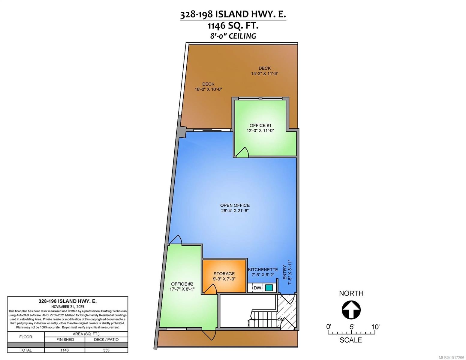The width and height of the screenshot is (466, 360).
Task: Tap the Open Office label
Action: point(235,205)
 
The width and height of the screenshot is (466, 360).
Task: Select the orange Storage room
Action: point(224,276)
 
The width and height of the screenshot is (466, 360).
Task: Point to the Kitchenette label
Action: point(263,269)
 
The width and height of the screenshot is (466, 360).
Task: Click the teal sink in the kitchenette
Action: point(269,288)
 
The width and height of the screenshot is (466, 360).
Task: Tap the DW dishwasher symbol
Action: point(257,288)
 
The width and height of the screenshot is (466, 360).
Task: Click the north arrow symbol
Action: point(351,310)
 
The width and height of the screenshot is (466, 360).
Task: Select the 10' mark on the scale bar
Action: point(375,327)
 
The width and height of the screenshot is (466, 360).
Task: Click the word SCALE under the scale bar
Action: point(351,340)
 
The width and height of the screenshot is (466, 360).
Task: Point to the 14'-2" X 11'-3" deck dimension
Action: point(265,73)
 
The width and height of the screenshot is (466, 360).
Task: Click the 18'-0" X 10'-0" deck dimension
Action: point(208,89)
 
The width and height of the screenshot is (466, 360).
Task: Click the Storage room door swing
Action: point(210,289)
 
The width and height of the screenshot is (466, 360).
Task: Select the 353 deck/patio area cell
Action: point(106,350)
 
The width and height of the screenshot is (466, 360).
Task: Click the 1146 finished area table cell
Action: point(65,350)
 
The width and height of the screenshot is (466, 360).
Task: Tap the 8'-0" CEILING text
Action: point(233,36)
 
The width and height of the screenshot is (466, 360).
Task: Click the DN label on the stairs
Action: point(280,320)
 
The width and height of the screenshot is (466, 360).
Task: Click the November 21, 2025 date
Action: point(68,307)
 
